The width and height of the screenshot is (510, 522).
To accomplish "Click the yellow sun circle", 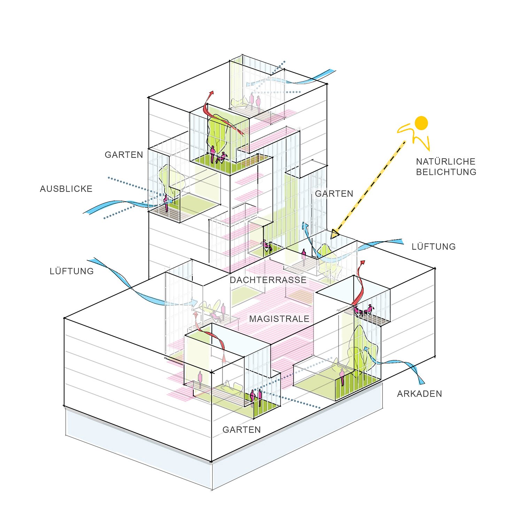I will pyautogui.click(x=421, y=123).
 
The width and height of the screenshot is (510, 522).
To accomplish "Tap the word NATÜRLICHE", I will pyautogui.click(x=446, y=161).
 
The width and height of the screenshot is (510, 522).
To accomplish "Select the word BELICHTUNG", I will pyautogui.click(x=446, y=172).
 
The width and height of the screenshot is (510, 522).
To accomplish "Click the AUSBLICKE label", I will pyautogui.click(x=66, y=189).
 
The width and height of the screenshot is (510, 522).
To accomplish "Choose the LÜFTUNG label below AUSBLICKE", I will pyautogui.click(x=72, y=271).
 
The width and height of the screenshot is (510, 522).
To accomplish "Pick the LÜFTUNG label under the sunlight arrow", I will pyautogui.click(x=433, y=247).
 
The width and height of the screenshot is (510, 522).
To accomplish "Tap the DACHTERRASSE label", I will pyautogui.click(x=268, y=280).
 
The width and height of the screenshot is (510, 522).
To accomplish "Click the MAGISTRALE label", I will pyautogui.click(x=279, y=319).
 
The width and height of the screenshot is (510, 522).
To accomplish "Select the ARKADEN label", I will pyautogui.click(x=419, y=394).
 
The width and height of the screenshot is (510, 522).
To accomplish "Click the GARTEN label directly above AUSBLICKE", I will pyautogui.click(x=124, y=155).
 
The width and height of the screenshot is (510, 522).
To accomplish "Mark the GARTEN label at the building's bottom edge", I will pyautogui.click(x=241, y=430).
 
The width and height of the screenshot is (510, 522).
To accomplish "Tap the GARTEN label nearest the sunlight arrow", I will pyautogui.click(x=334, y=194).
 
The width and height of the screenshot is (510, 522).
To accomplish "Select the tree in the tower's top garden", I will pyautogui.click(x=218, y=132).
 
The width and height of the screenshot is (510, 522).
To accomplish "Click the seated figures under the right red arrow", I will pyautogui.click(x=363, y=310).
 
